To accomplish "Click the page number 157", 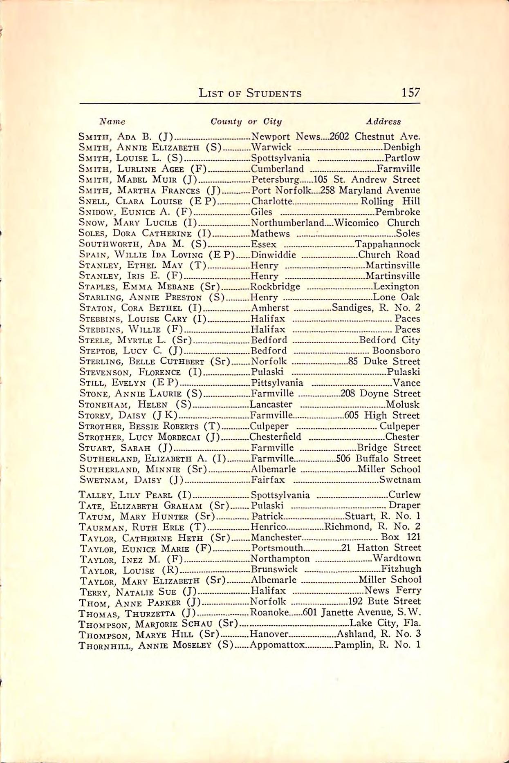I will point(410,93).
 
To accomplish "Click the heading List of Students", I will point(250,94).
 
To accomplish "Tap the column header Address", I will point(383,121).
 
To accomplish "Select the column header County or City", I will point(246,121).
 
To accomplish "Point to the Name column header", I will point(113,121).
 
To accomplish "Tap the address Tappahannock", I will point(388,244).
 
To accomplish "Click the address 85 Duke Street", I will point(383,361).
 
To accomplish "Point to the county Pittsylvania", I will point(277,383).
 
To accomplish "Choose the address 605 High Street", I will point(382,416).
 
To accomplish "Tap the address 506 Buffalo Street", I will point(378,459).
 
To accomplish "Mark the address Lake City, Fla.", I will point(385,623).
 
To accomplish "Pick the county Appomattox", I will point(277,645).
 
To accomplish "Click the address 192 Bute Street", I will point(383,601).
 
